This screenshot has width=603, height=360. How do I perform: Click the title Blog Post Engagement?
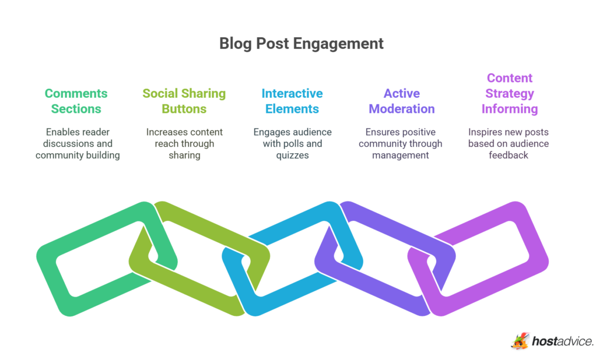pos(301,44)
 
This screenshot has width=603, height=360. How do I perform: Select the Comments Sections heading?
pos(76,101)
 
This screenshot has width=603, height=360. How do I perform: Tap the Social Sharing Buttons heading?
pos(184,101)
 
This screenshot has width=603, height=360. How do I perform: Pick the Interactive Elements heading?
pos(292,101)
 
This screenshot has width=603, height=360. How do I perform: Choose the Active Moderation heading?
pos(402,101)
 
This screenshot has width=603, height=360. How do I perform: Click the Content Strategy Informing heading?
pos(509,93)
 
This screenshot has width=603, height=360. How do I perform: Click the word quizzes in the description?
pos(292,155)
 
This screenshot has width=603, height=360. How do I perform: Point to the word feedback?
pos(509,155)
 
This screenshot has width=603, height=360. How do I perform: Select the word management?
pos(400,155)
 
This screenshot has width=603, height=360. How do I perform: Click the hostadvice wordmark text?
pos(562,341)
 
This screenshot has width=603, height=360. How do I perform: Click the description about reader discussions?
pos(78,143)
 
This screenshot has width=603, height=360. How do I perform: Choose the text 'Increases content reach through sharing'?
pos(184,143)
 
